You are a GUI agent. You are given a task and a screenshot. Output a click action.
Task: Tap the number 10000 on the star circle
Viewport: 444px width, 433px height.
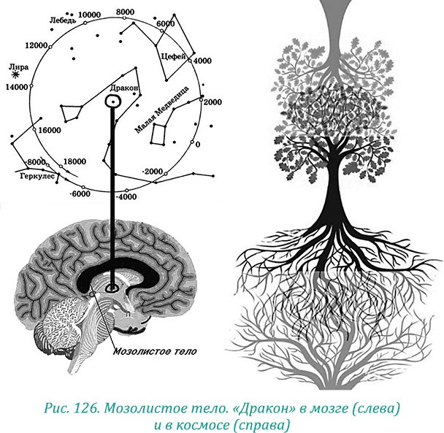89,15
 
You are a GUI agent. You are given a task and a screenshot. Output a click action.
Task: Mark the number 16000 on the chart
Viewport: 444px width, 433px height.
48,130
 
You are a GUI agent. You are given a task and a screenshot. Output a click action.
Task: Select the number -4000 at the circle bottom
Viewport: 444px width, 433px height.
126,196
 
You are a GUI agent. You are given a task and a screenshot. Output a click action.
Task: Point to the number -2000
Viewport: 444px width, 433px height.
152,171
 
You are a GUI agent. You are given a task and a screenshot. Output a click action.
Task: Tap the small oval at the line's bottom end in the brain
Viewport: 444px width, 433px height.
112,289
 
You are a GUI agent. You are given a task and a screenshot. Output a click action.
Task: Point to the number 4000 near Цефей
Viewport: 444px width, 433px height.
202,61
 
